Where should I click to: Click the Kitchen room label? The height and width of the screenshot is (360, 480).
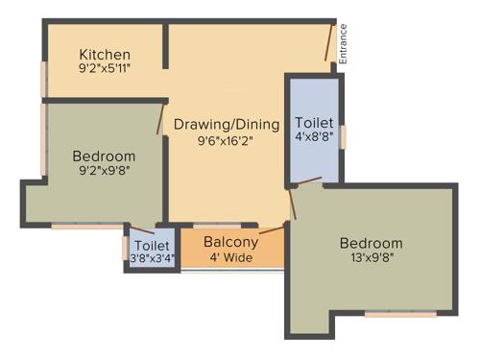tap(105, 54)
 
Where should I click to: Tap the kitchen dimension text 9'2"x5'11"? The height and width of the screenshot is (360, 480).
tap(105, 69)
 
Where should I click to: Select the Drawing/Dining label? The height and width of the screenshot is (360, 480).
tap(226, 124)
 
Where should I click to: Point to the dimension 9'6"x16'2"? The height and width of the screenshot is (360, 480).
tap(226, 140)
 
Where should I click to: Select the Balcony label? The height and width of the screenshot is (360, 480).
tap(231, 242)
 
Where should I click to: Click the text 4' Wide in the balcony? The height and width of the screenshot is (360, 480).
tap(231, 257)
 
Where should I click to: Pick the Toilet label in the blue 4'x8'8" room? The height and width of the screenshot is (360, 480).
tap(314, 124)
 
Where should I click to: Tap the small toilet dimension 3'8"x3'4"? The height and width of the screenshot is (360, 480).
tap(152, 258)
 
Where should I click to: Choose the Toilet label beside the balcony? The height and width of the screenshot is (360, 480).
tap(152, 246)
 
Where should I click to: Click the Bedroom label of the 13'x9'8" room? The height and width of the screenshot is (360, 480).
tap(371, 243)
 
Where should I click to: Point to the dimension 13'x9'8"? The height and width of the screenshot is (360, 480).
tap(371, 259)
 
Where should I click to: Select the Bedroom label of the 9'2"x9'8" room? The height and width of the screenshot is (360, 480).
tap(104, 156)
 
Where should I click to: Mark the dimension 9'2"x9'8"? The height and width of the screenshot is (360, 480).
tap(104, 172)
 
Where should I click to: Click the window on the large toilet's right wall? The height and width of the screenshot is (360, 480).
tap(343, 135)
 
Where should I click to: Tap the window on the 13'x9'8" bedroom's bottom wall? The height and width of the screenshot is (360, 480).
tap(399, 313)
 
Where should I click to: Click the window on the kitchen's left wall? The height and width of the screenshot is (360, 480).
tap(43, 79)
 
